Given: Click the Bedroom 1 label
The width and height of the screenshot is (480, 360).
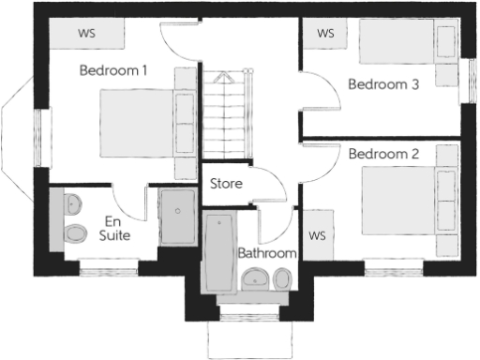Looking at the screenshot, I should point(113,70).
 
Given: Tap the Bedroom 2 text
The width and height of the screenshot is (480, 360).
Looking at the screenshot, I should point(382,153).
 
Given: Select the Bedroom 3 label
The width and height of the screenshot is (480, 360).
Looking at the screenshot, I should point(382,83).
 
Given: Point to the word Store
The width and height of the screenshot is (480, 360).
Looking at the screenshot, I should point(226,184).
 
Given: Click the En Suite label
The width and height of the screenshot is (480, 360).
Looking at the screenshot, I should point(115,228).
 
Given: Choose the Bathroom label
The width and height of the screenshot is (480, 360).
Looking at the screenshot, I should point(267,253).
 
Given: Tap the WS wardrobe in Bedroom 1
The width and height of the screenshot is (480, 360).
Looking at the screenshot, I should point(87,35).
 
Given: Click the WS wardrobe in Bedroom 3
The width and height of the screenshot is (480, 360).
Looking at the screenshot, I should point(325,34).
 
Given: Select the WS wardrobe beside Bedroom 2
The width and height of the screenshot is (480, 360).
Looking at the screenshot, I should point(316,233).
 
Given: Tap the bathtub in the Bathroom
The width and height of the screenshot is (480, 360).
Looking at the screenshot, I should point(219,251).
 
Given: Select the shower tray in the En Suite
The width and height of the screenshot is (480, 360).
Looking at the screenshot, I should point(177,217).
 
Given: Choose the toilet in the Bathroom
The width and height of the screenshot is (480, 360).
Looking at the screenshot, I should point(282,278).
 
